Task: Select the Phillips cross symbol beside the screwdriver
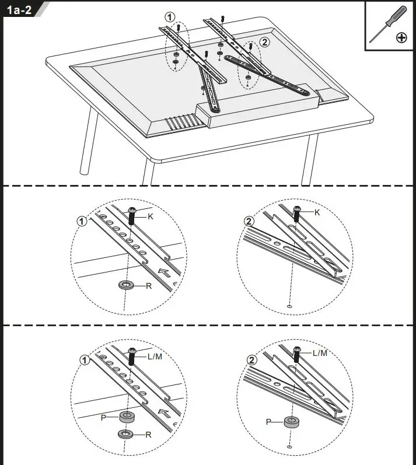(x=401, y=38)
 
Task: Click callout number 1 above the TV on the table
(x=169, y=18)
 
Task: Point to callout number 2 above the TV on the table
(x=265, y=42)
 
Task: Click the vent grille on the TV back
(x=182, y=121)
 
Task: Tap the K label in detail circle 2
(x=317, y=212)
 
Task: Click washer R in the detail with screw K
(x=125, y=285)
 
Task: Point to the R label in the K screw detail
(x=149, y=286)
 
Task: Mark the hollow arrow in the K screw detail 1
(x=166, y=272)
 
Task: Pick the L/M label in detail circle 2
(x=320, y=353)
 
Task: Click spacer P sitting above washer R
(x=126, y=417)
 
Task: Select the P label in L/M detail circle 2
(x=268, y=421)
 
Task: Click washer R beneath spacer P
(x=126, y=434)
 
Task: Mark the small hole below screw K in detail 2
(x=290, y=305)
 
